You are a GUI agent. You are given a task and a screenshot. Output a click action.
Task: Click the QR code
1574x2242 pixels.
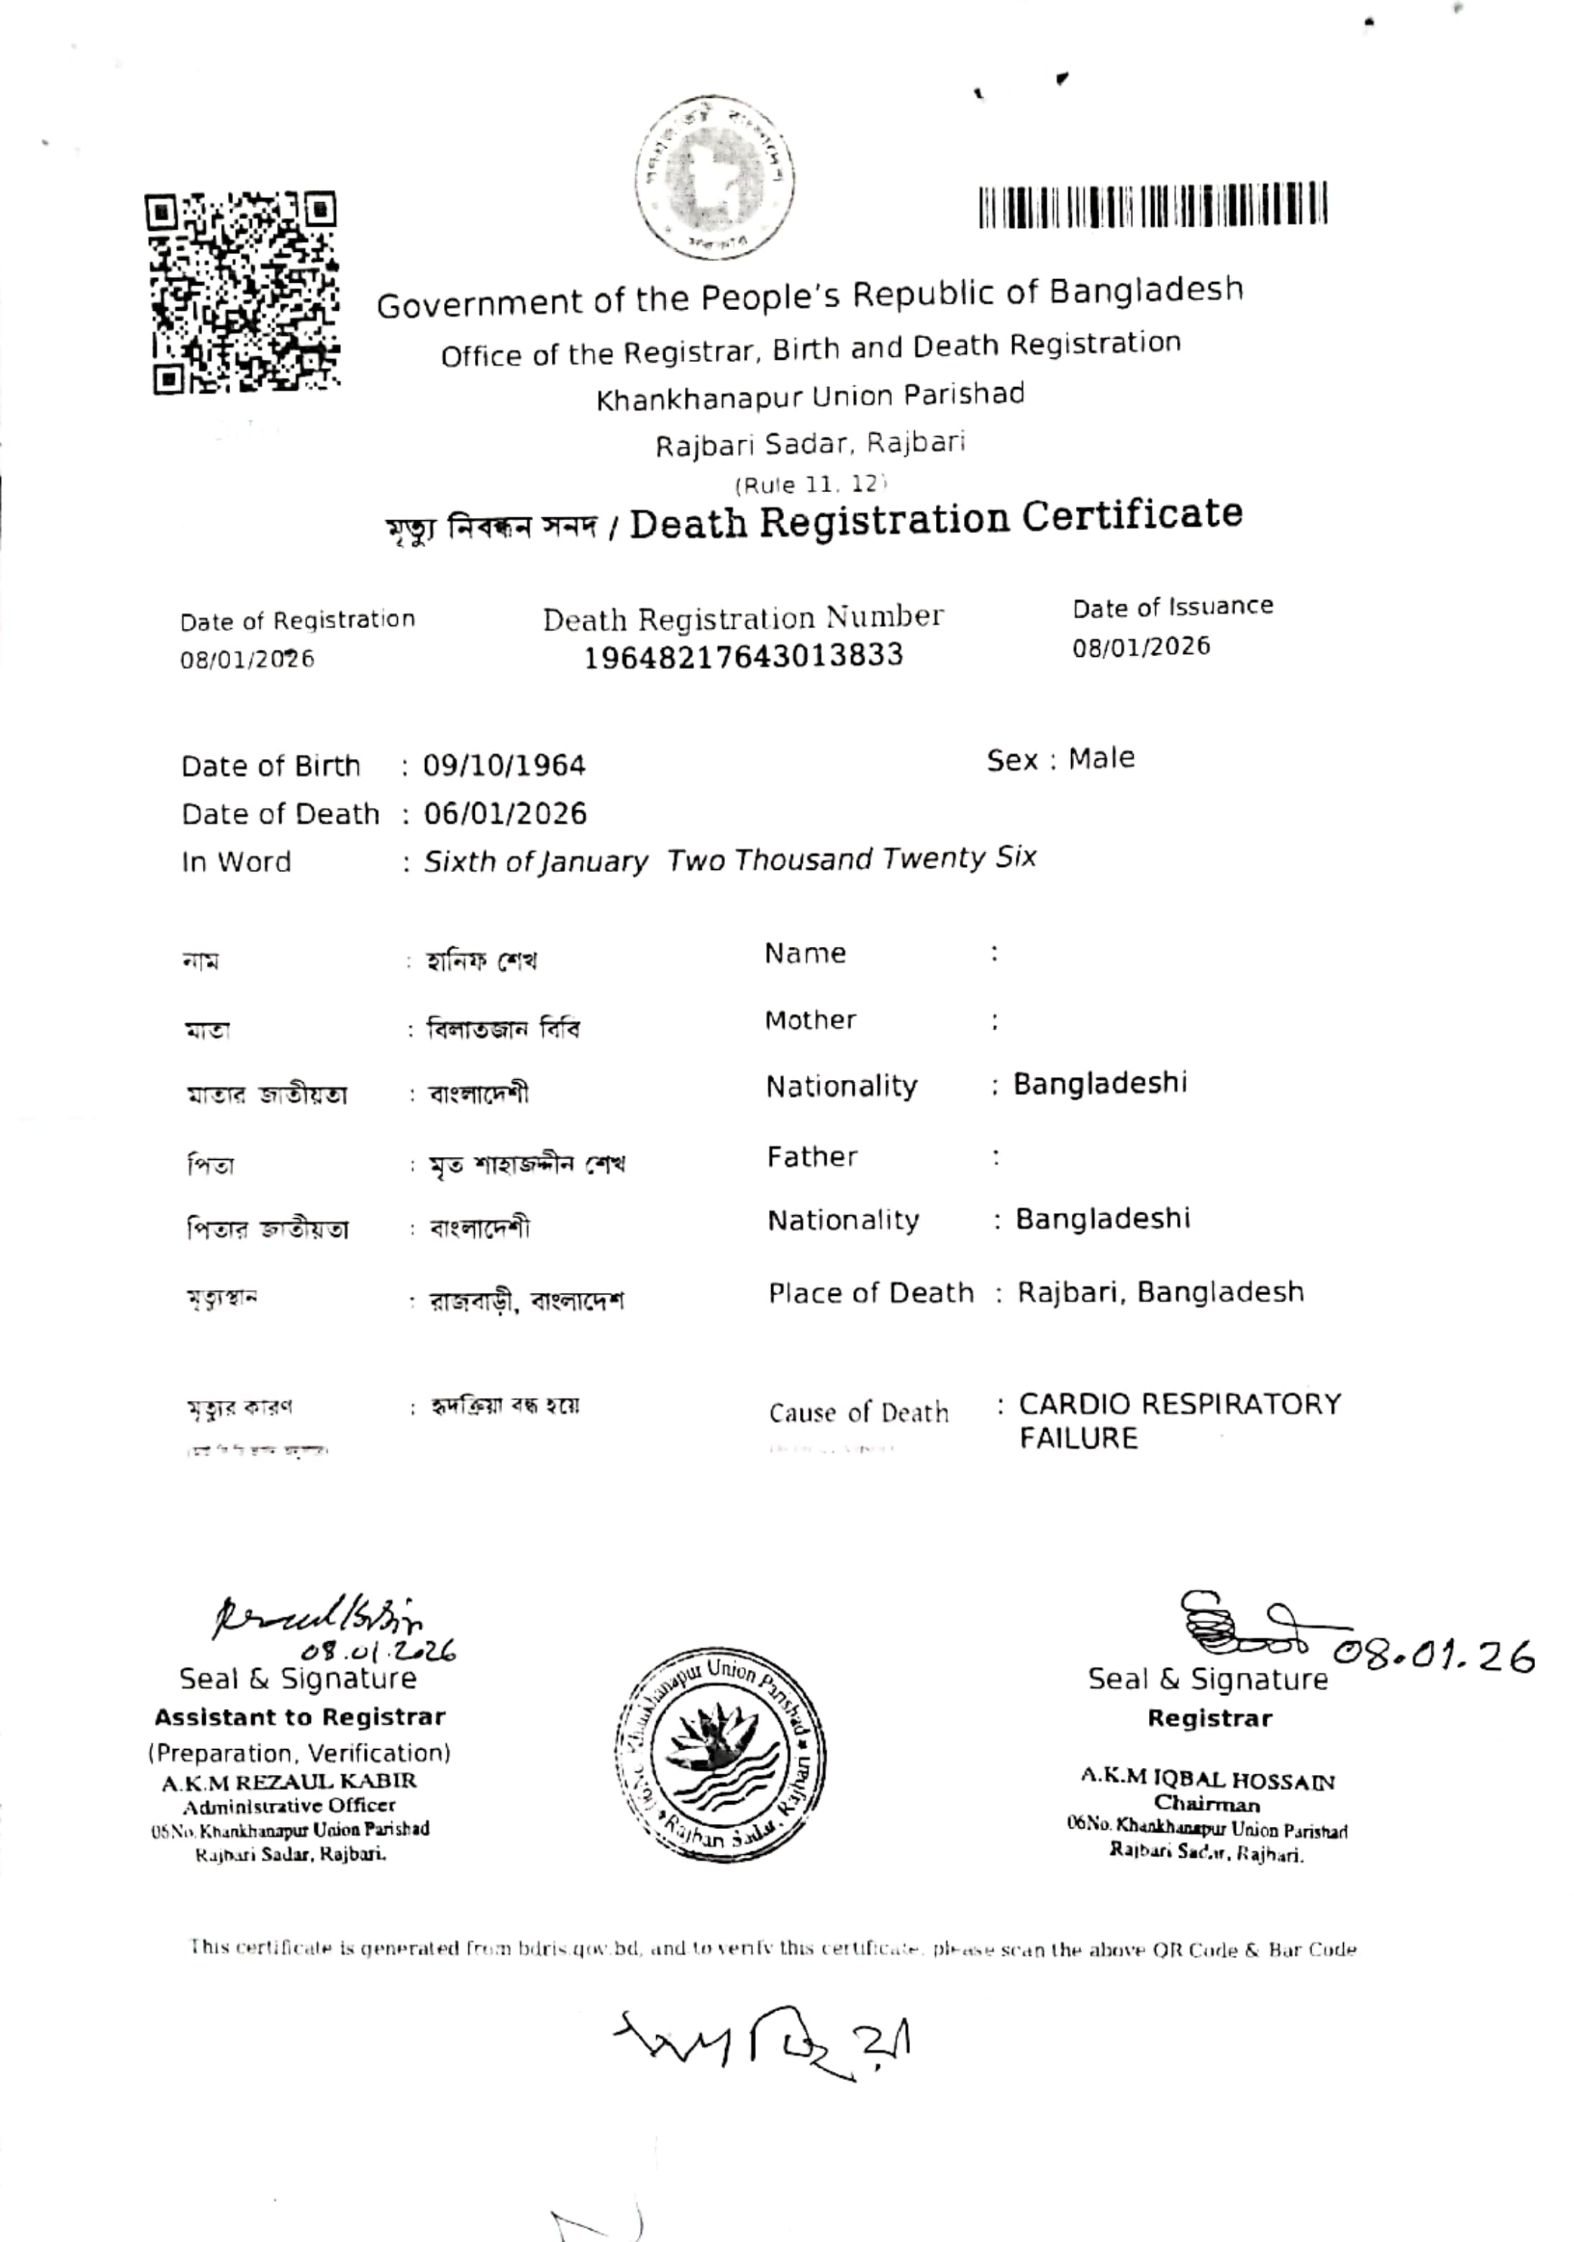(243, 293)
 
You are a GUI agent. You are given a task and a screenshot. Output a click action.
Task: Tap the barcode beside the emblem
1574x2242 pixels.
(1153, 205)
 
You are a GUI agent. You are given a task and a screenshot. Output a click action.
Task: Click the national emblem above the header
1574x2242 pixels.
(715, 177)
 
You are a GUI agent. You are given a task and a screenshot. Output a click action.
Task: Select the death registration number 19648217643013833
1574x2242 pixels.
(743, 656)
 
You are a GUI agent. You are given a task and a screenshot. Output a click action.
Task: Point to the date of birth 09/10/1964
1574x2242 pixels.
(504, 765)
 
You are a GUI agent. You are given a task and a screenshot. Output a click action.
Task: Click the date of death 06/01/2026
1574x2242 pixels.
(505, 813)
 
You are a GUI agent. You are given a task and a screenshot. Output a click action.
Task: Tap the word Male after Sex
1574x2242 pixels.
(1101, 758)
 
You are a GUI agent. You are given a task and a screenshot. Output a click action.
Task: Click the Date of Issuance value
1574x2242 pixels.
(1140, 646)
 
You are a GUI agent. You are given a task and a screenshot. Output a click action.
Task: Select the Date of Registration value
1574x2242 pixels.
(247, 659)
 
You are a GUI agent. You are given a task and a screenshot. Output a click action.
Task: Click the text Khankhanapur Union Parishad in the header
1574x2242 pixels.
(811, 396)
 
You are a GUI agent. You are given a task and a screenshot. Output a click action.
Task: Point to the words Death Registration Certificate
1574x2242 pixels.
(935, 519)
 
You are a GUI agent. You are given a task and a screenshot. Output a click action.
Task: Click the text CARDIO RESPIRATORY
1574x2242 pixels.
(1180, 1404)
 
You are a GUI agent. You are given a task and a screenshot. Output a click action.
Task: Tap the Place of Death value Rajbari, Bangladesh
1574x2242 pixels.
(1160, 1292)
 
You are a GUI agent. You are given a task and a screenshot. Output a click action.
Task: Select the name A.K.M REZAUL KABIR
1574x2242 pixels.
(289, 1781)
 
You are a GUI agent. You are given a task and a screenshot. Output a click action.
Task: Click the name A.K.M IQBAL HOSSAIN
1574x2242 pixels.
(1207, 1780)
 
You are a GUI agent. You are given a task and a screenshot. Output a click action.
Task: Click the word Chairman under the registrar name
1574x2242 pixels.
(1207, 1804)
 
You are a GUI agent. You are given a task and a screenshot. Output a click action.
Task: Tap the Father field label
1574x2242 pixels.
(811, 1157)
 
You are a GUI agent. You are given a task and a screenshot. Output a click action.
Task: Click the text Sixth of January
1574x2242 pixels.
(535, 861)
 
